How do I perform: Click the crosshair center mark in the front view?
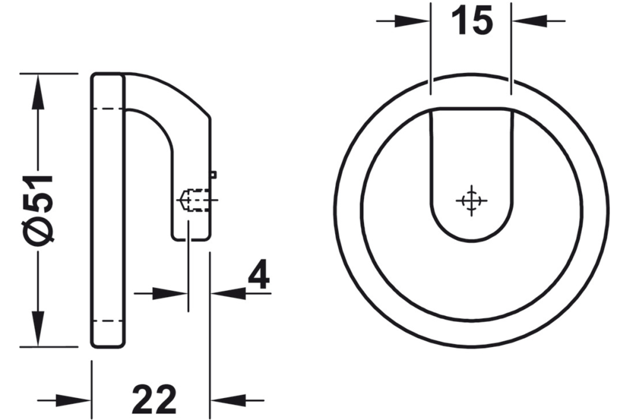click(470, 201)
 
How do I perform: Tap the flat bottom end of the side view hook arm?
click(191, 239)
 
